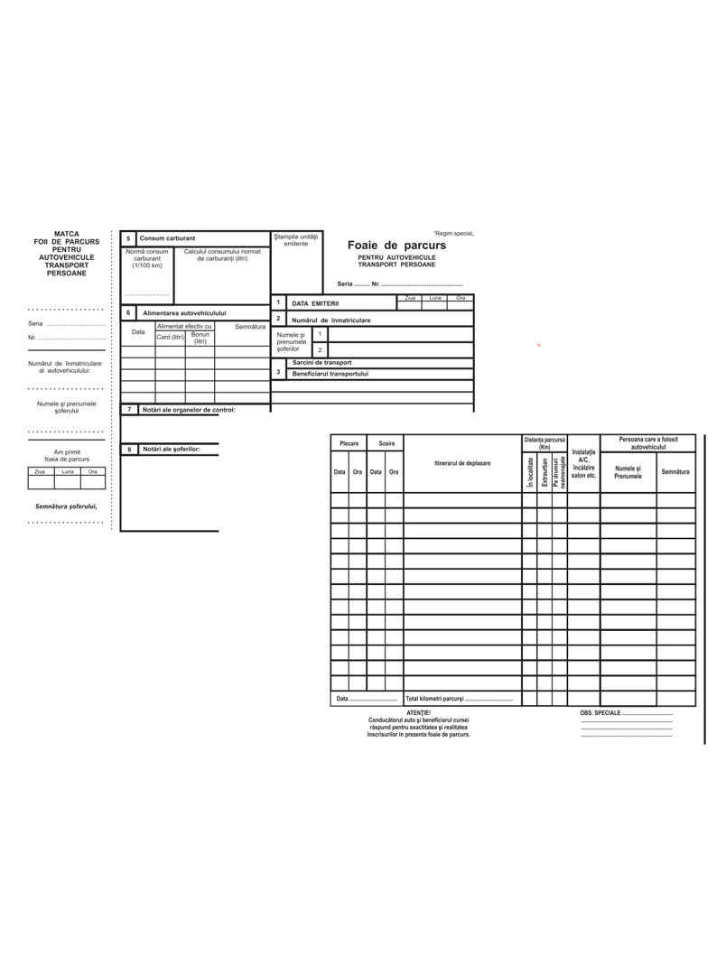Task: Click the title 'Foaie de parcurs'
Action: [396, 246]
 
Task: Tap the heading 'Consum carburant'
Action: [167, 238]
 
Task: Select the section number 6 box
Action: [128, 312]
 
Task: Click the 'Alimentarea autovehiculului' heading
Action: [184, 313]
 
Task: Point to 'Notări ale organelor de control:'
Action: [188, 410]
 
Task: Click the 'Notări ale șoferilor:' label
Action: [171, 449]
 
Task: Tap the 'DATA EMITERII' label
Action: [314, 303]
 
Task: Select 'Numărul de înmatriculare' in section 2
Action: [330, 320]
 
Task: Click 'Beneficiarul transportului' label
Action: [330, 373]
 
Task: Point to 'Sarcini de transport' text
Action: [322, 362]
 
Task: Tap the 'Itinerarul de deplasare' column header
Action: [462, 463]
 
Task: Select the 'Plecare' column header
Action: [349, 443]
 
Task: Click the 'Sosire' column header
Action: [386, 443]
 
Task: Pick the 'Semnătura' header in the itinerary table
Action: [675, 471]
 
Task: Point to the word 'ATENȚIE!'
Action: [418, 712]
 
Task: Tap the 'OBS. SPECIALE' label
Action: [600, 713]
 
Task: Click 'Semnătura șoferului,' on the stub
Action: [65, 506]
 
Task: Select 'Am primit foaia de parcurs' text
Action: [67, 456]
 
